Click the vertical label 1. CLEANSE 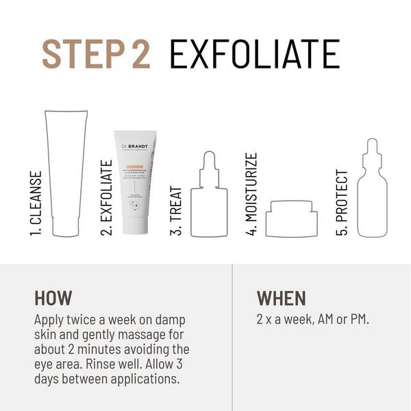[36, 203]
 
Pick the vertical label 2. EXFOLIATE [106, 198]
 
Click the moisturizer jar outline [292, 219]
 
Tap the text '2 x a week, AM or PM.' [312, 319]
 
